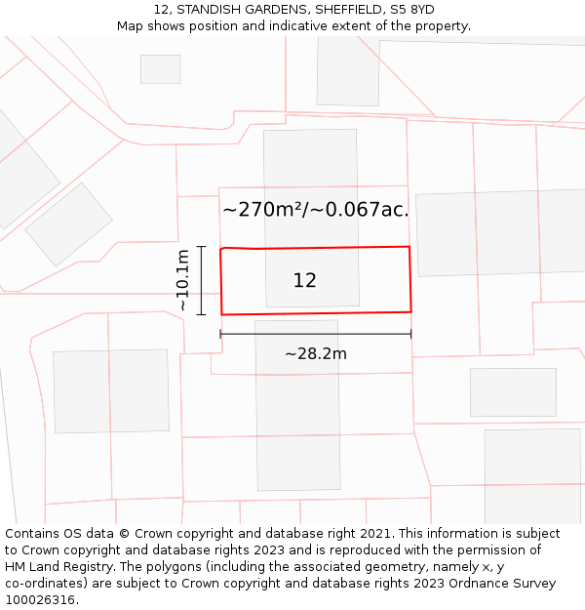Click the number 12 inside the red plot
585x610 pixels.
click(304, 280)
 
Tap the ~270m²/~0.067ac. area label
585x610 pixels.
click(315, 209)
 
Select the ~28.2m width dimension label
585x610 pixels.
click(315, 353)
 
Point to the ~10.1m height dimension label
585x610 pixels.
click(182, 280)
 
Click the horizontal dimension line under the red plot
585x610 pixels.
click(315, 334)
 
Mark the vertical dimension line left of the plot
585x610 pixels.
click(201, 280)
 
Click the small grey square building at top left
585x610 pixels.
click(161, 69)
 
